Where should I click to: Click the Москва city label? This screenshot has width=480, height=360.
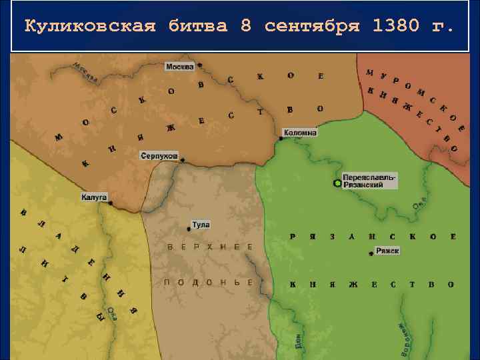(x=179, y=67)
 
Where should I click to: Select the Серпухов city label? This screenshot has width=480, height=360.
(x=159, y=155)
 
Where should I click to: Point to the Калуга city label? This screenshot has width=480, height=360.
(x=93, y=197)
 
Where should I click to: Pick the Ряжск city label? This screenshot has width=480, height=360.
(x=387, y=251)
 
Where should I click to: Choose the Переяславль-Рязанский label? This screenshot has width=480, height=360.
(x=370, y=181)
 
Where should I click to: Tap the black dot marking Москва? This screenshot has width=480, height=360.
(x=199, y=65)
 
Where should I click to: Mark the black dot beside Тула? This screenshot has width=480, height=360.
(x=189, y=229)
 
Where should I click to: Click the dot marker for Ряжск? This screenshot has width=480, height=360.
(x=371, y=254)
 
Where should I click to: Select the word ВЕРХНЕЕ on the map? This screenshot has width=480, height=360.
(x=210, y=247)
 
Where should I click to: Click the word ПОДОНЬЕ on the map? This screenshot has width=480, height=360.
(x=209, y=283)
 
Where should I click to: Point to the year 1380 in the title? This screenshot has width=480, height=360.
(x=397, y=27)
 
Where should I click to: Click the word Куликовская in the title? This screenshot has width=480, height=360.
(x=90, y=27)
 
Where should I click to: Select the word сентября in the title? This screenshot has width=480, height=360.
(x=312, y=27)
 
